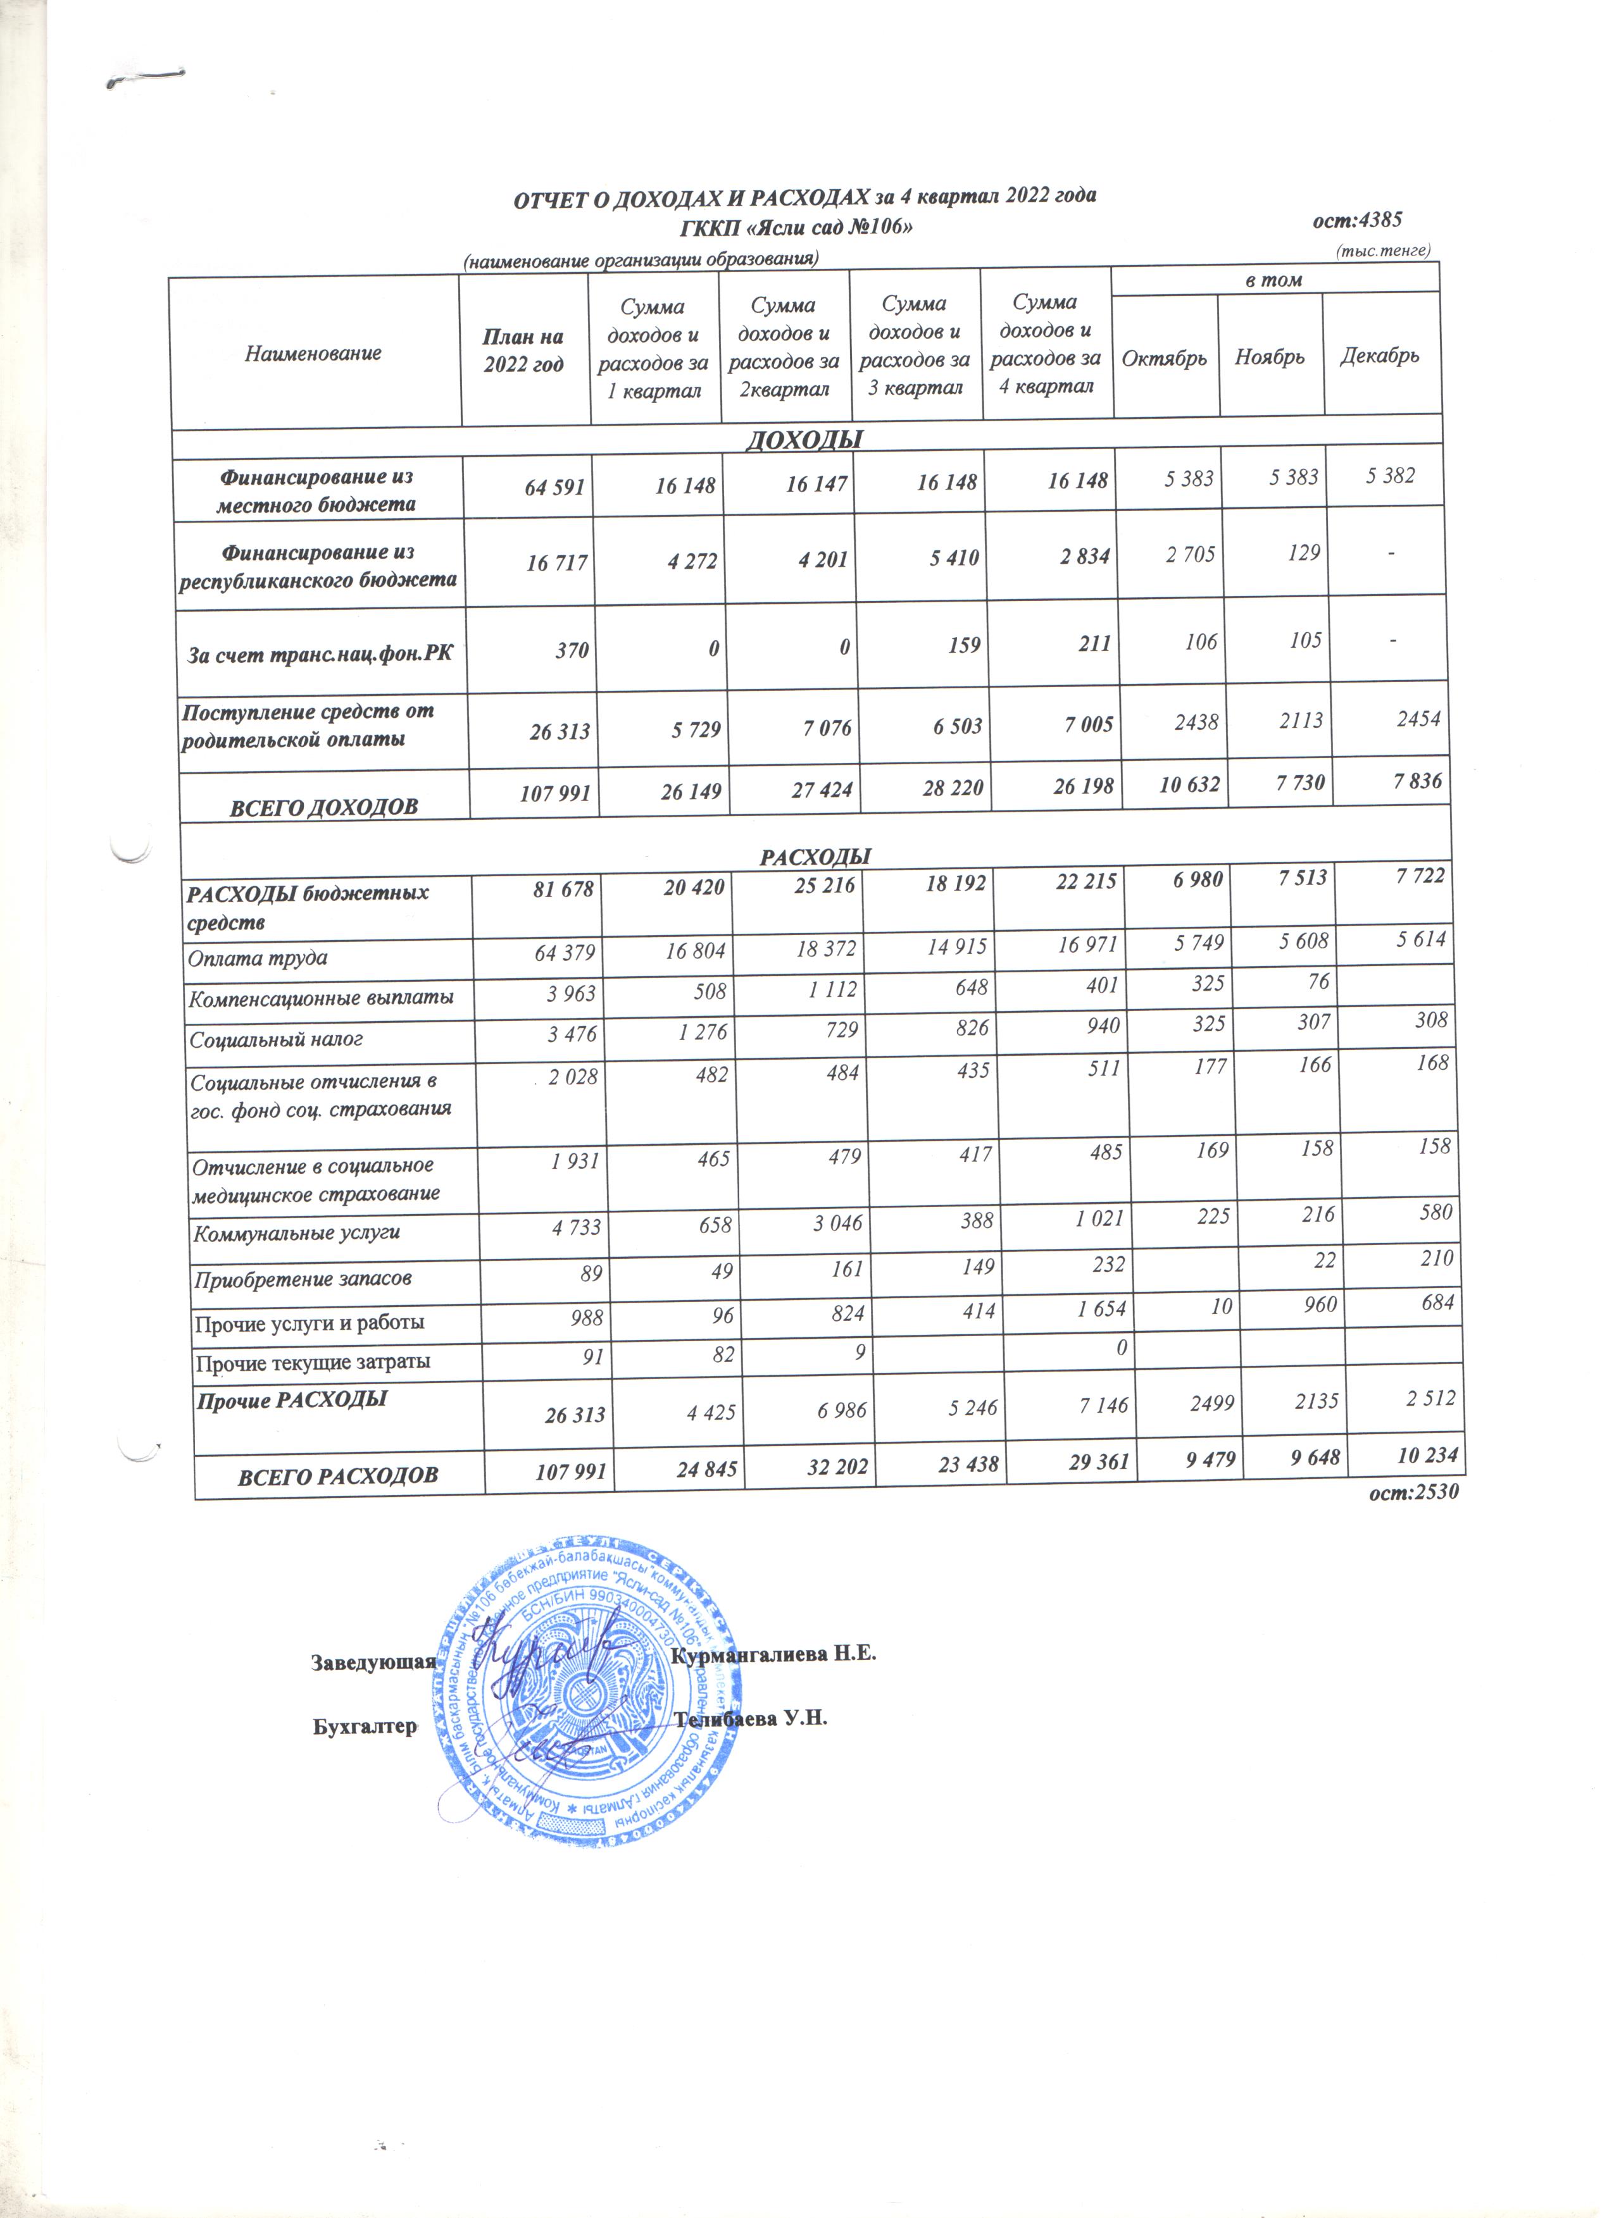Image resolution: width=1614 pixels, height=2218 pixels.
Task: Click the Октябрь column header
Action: coord(1164,358)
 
